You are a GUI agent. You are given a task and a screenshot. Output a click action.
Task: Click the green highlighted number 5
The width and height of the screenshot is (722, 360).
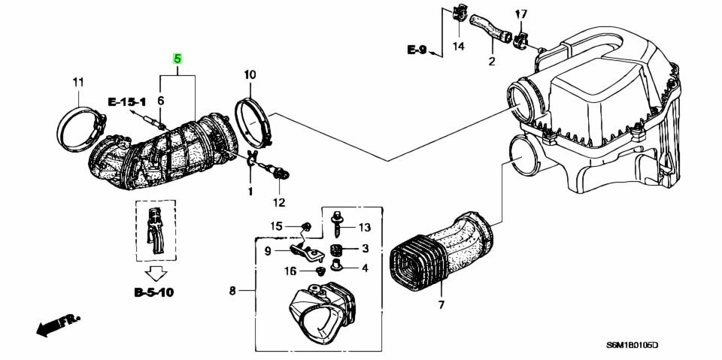(x=177, y=58)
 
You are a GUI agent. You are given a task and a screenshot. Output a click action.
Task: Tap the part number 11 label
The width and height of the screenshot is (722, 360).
(x=77, y=82)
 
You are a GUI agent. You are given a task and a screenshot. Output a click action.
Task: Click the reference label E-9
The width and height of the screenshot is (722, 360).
(x=417, y=50)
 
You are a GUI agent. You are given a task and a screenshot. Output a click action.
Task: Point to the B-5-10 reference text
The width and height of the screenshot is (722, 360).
(x=154, y=292)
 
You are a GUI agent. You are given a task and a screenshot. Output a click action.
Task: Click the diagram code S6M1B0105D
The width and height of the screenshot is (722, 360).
(x=633, y=346)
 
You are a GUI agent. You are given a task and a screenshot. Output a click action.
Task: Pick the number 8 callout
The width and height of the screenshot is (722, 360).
(x=232, y=290)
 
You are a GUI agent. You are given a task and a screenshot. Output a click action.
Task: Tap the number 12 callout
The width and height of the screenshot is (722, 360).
(x=279, y=202)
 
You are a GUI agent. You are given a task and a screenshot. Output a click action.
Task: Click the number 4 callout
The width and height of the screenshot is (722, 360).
(x=364, y=268)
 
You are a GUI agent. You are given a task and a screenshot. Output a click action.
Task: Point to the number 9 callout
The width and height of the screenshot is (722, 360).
(x=267, y=251)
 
